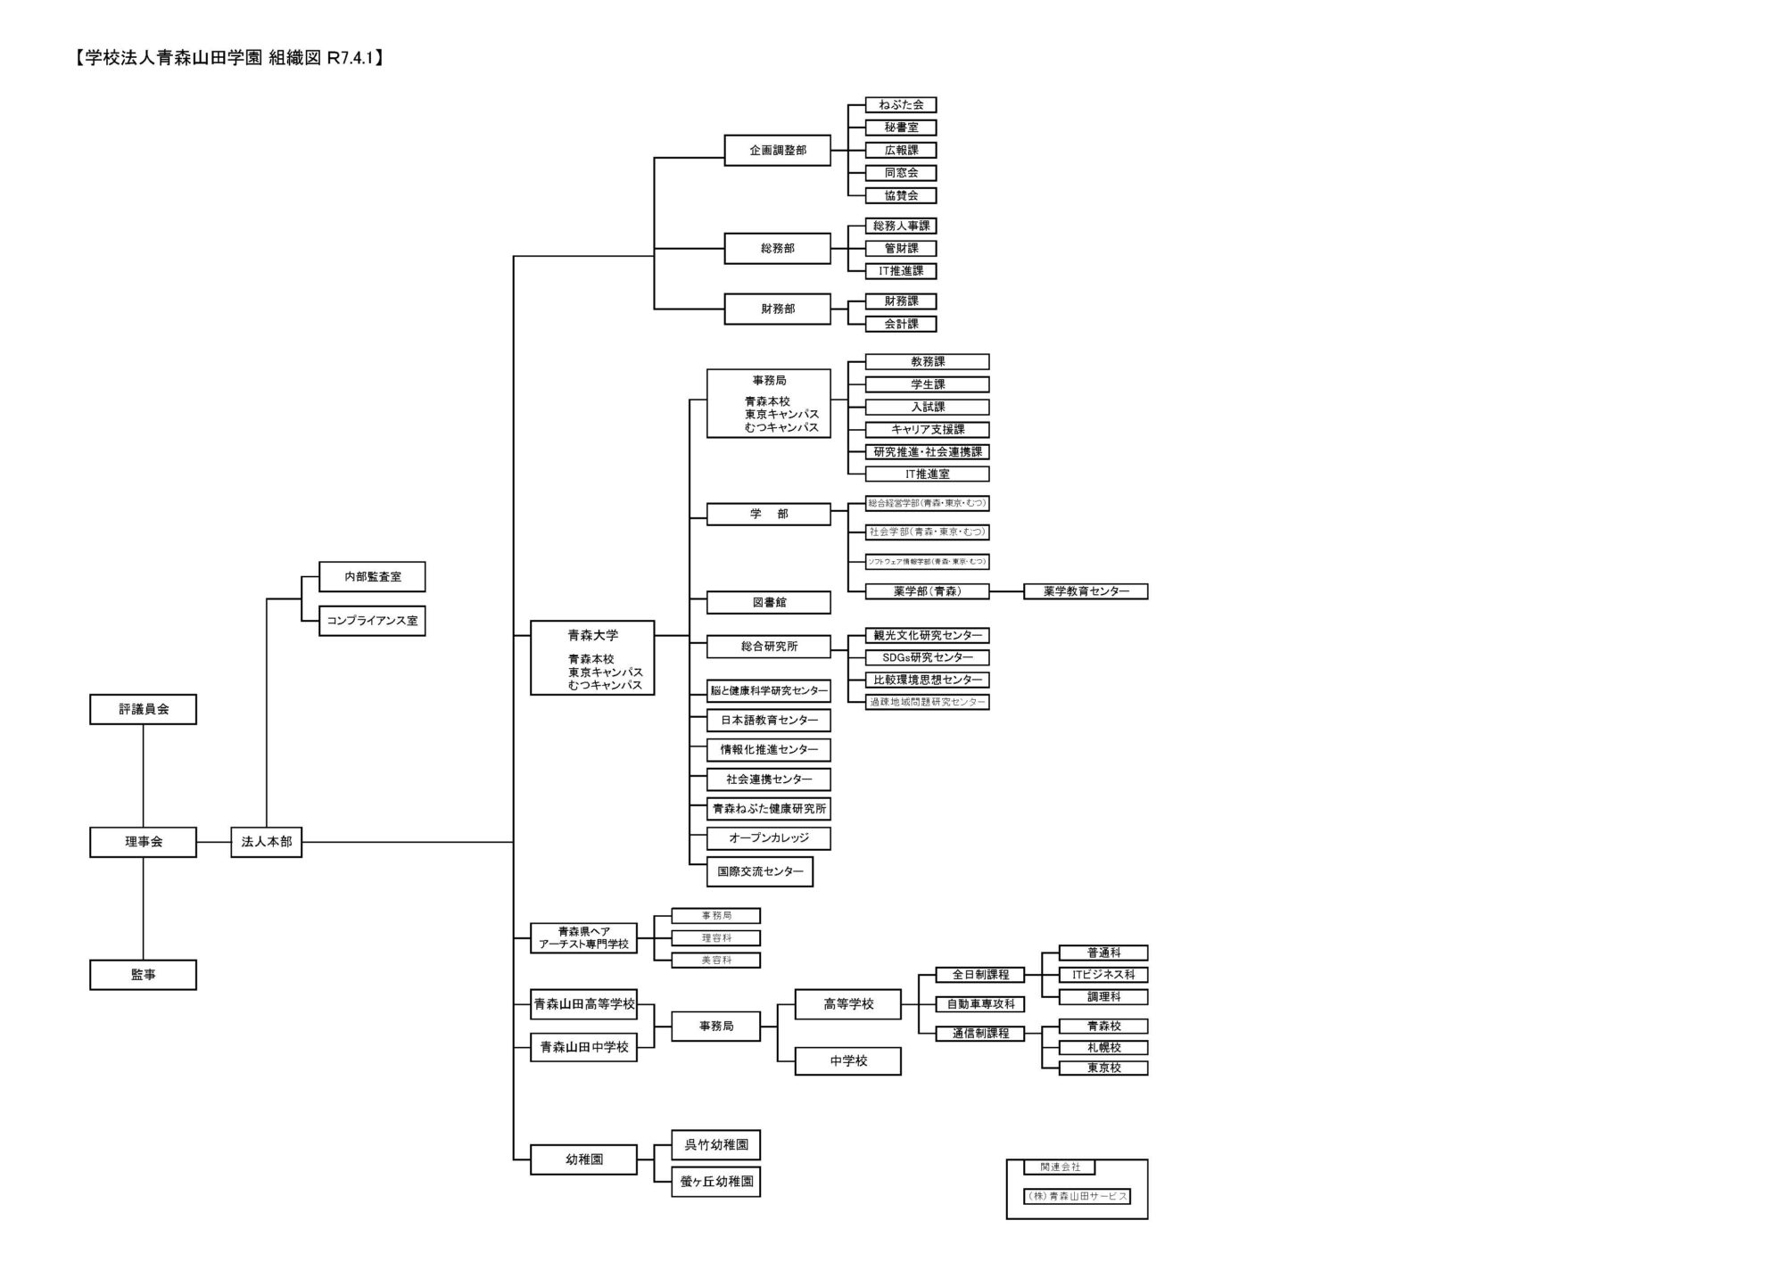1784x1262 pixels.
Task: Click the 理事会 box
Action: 143,842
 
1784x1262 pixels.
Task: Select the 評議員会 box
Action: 143,709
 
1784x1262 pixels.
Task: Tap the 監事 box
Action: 143,975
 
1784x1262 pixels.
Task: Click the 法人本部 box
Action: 266,842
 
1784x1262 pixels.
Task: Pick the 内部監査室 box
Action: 372,577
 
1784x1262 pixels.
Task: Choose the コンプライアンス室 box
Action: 372,621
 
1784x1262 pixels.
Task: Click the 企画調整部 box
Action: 777,151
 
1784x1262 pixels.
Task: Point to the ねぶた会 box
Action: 901,105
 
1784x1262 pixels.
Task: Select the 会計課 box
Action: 901,324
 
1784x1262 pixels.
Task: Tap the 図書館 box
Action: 768,603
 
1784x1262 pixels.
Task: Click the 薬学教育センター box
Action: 1086,591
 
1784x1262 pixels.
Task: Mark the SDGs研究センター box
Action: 927,657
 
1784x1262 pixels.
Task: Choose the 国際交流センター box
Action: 760,871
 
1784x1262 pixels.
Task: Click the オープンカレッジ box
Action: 768,838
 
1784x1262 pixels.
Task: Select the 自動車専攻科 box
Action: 980,1004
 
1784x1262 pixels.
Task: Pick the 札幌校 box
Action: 1103,1048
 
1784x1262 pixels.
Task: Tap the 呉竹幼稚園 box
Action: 715,1145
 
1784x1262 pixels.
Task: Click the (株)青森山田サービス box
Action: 1077,1197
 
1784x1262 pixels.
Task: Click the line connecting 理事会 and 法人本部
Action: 213,842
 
